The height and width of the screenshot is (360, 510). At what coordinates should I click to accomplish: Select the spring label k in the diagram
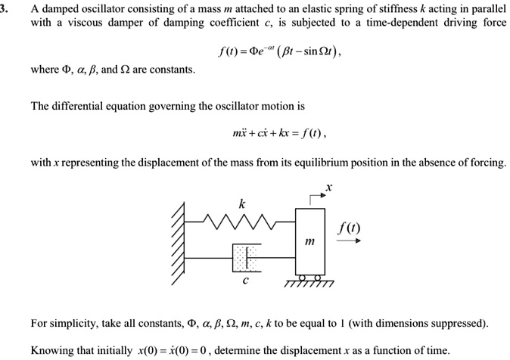pyautogui.click(x=242, y=203)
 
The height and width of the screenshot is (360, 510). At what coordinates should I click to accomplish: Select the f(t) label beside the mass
pyautogui.click(x=350, y=226)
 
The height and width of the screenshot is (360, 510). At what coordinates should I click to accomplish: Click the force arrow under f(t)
pyautogui.click(x=350, y=242)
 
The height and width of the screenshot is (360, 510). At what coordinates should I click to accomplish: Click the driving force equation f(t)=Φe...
pyautogui.click(x=269, y=49)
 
